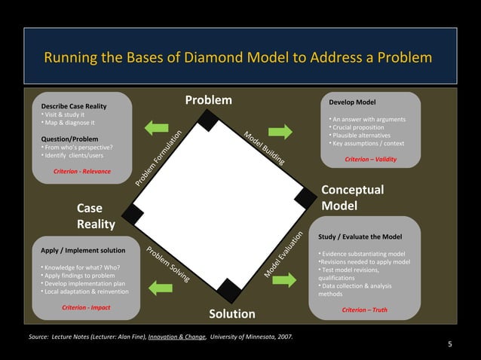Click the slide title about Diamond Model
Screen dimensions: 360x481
pyautogui.click(x=238, y=58)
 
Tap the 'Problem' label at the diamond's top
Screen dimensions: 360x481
pyautogui.click(x=209, y=101)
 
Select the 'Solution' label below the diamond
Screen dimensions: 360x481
pyautogui.click(x=231, y=313)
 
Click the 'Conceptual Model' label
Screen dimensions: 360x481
pyautogui.click(x=352, y=197)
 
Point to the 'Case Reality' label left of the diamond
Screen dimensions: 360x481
pyautogui.click(x=96, y=216)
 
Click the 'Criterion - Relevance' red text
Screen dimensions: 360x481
pyautogui.click(x=82, y=171)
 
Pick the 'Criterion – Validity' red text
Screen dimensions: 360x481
pyautogui.click(x=370, y=160)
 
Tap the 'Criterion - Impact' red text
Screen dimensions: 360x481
pyautogui.click(x=86, y=307)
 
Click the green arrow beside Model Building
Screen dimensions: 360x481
pyautogui.click(x=280, y=131)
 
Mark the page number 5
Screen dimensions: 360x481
pyautogui.click(x=450, y=345)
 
